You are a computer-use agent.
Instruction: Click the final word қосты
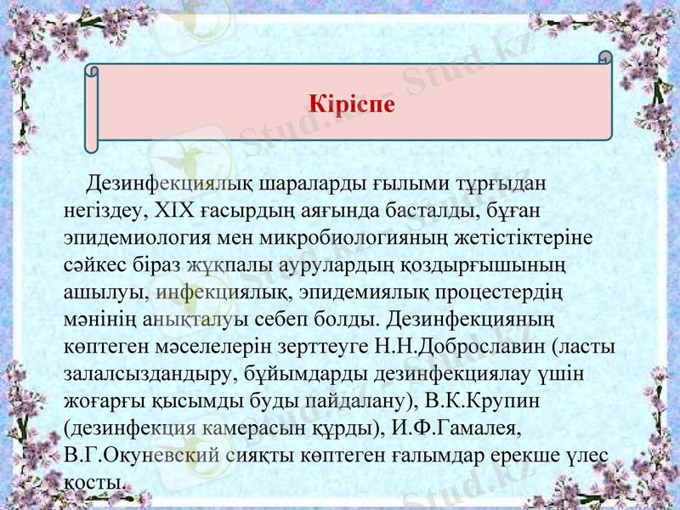pyautogui.click(x=94, y=482)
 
